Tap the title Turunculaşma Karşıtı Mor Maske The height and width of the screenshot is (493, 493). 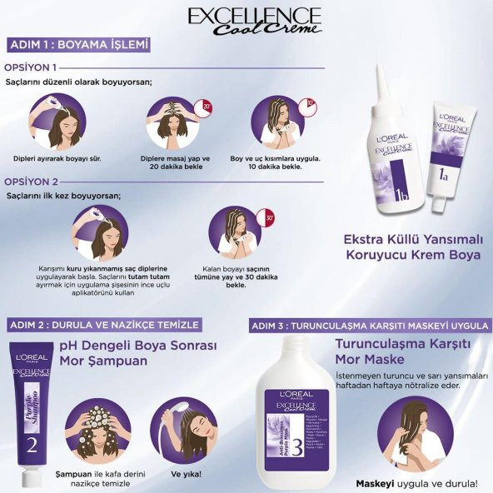(403, 353)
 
